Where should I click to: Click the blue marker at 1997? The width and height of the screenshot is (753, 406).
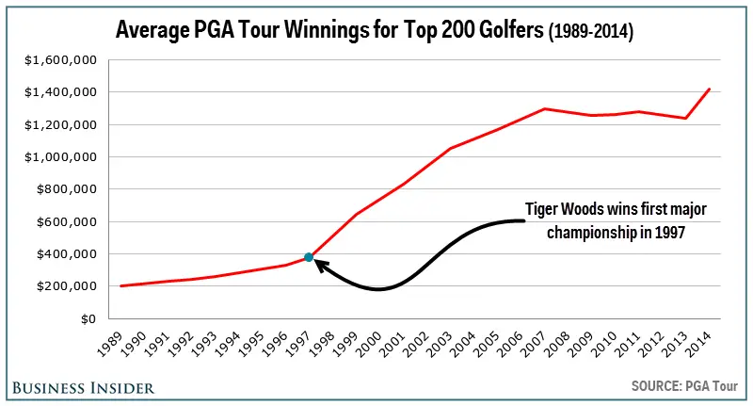click(x=309, y=257)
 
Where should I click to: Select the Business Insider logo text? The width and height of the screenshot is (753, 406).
click(x=83, y=387)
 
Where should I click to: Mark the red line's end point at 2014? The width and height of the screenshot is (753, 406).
click(x=710, y=89)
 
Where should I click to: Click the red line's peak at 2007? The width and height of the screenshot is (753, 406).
click(x=545, y=108)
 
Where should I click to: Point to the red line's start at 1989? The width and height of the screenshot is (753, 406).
click(x=121, y=285)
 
